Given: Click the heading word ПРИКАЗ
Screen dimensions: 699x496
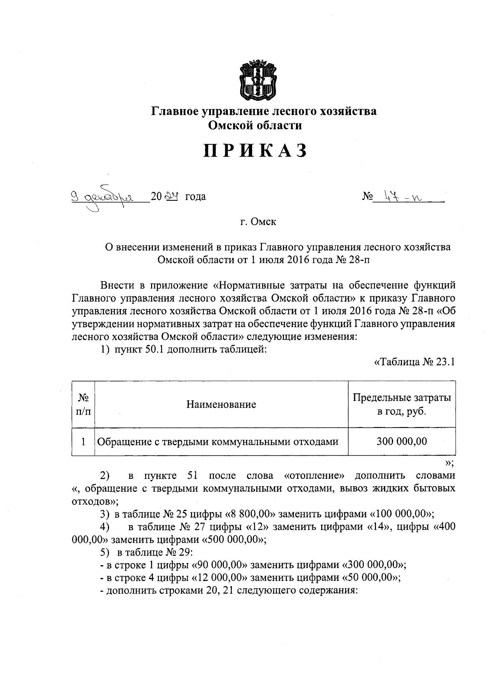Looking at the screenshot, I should pos(255,151).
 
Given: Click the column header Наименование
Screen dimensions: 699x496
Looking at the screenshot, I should pos(221,404).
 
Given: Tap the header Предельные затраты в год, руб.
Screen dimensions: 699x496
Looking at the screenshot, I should pos(401,404).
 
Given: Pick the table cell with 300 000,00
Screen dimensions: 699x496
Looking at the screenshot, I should pos(401,442).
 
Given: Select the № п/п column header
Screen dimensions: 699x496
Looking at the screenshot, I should pos(83,404).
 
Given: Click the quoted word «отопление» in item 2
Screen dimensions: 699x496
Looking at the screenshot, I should pos(315,476).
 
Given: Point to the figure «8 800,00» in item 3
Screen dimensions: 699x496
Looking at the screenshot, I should pos(251,514).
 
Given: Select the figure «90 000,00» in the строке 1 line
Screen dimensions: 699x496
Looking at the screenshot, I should pos(219,566).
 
